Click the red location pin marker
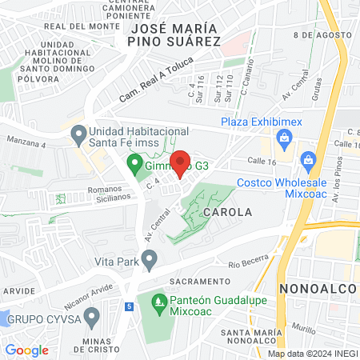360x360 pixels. coord(180,162)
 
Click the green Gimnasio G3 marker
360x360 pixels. coord(134,166)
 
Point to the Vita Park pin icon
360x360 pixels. coord(149,259)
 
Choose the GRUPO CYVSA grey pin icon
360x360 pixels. coord(91,319)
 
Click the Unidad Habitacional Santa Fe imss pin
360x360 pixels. coord(78,134)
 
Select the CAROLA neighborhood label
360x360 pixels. coord(227,213)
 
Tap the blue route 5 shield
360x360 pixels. coord(129,306)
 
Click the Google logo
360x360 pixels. coord(26,350)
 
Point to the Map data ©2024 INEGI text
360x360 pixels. coord(312,354)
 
